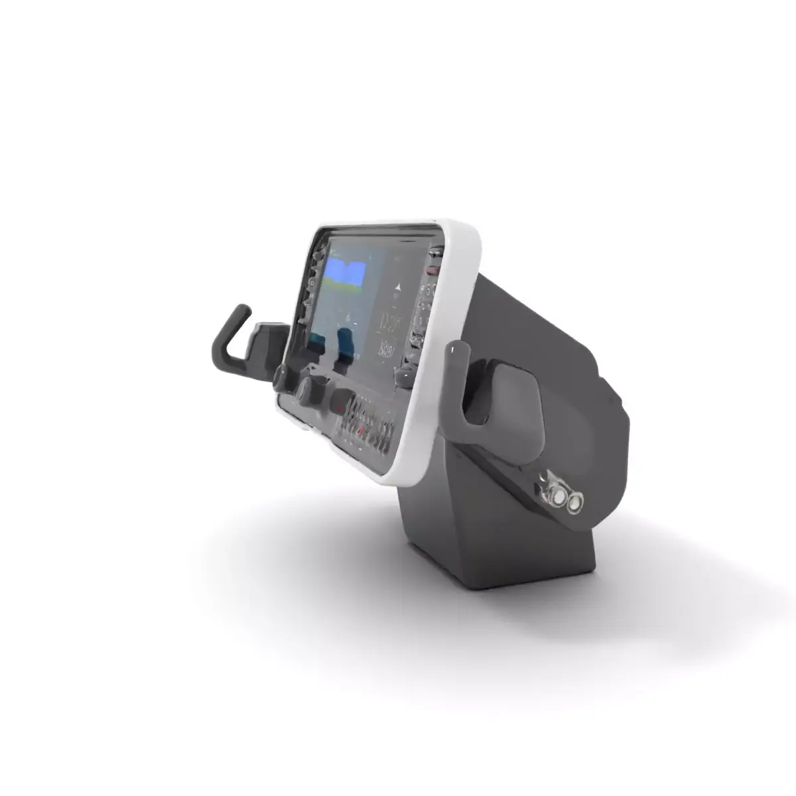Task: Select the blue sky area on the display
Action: pos(345,272)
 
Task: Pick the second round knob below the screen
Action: pos(307,387)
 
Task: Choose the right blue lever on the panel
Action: pos(346,345)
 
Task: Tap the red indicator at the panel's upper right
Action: pos(432,271)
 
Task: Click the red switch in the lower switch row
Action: pos(362,432)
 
